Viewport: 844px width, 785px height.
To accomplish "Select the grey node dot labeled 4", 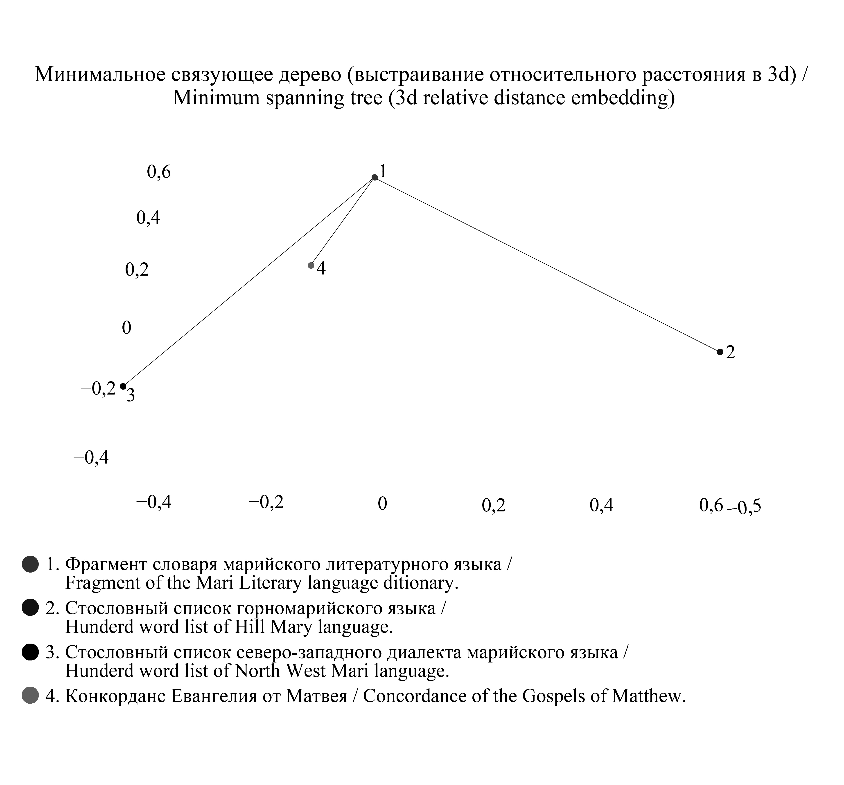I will click(311, 265).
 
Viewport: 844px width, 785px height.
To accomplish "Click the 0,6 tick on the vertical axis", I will click(159, 172).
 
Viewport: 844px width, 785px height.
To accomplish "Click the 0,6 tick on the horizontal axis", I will click(711, 505).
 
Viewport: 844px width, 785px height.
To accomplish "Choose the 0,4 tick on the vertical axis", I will click(148, 218).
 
